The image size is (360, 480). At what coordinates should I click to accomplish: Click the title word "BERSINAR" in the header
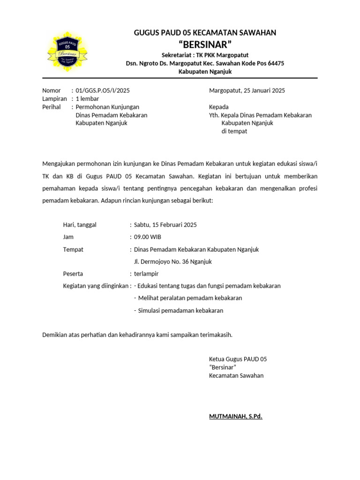click(205, 45)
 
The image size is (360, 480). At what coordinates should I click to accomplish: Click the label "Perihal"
click(52, 107)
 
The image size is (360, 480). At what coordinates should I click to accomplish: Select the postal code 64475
click(274, 63)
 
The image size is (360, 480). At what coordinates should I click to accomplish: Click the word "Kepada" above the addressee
click(218, 107)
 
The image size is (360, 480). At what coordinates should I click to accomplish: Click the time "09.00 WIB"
click(148, 237)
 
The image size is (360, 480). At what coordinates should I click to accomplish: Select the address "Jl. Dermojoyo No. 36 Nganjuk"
click(173, 262)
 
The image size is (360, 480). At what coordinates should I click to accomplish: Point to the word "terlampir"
click(146, 274)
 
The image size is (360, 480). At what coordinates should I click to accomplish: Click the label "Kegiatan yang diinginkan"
click(96, 286)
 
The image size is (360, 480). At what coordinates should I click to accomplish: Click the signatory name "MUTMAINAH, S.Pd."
click(236, 416)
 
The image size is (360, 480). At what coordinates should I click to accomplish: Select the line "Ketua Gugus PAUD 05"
click(238, 359)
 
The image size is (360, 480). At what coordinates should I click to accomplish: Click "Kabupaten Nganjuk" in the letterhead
click(205, 72)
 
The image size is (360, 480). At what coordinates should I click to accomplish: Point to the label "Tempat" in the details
click(73, 249)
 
